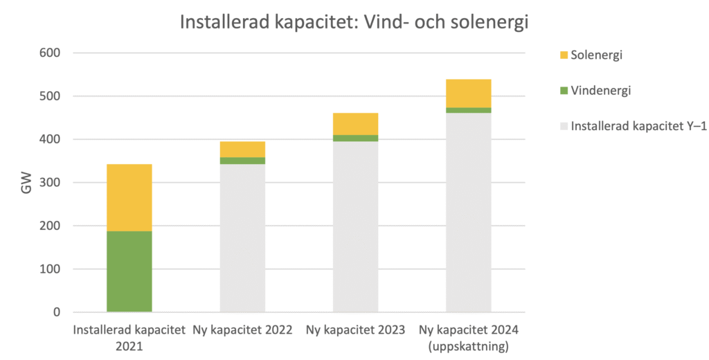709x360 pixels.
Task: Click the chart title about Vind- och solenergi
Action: click(354, 22)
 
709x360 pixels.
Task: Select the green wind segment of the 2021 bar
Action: click(129, 271)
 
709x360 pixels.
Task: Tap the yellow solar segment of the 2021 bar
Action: click(129, 197)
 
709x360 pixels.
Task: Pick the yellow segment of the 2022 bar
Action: click(242, 149)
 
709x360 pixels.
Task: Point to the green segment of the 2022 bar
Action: click(242, 161)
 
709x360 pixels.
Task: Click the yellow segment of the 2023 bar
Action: click(355, 124)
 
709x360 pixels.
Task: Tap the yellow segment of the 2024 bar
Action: click(468, 93)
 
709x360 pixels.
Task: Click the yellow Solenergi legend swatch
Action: click(564, 55)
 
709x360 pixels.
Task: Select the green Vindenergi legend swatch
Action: click(564, 91)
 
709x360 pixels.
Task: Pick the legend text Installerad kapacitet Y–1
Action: click(638, 127)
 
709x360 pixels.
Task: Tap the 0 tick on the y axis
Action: click(57, 312)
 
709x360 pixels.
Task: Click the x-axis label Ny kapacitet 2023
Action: click(355, 330)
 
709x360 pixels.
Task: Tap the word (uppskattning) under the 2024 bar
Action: click(469, 344)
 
